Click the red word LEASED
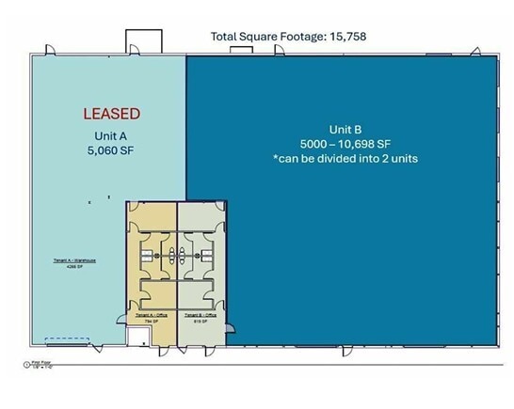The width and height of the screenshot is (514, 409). click(111, 114)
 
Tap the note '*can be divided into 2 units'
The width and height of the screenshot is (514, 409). click(342, 158)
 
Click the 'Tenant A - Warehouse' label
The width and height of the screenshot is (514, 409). click(71, 262)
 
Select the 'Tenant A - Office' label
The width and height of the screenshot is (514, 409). click(152, 314)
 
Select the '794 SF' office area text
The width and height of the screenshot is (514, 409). click(151, 321)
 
